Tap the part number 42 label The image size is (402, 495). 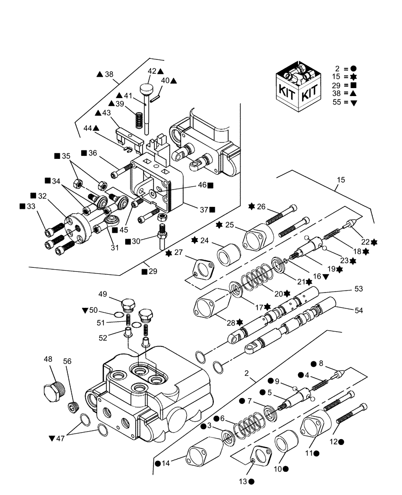151,71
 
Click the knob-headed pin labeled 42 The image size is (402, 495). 146,92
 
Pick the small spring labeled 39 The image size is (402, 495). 140,120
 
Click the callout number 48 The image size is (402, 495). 48,359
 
